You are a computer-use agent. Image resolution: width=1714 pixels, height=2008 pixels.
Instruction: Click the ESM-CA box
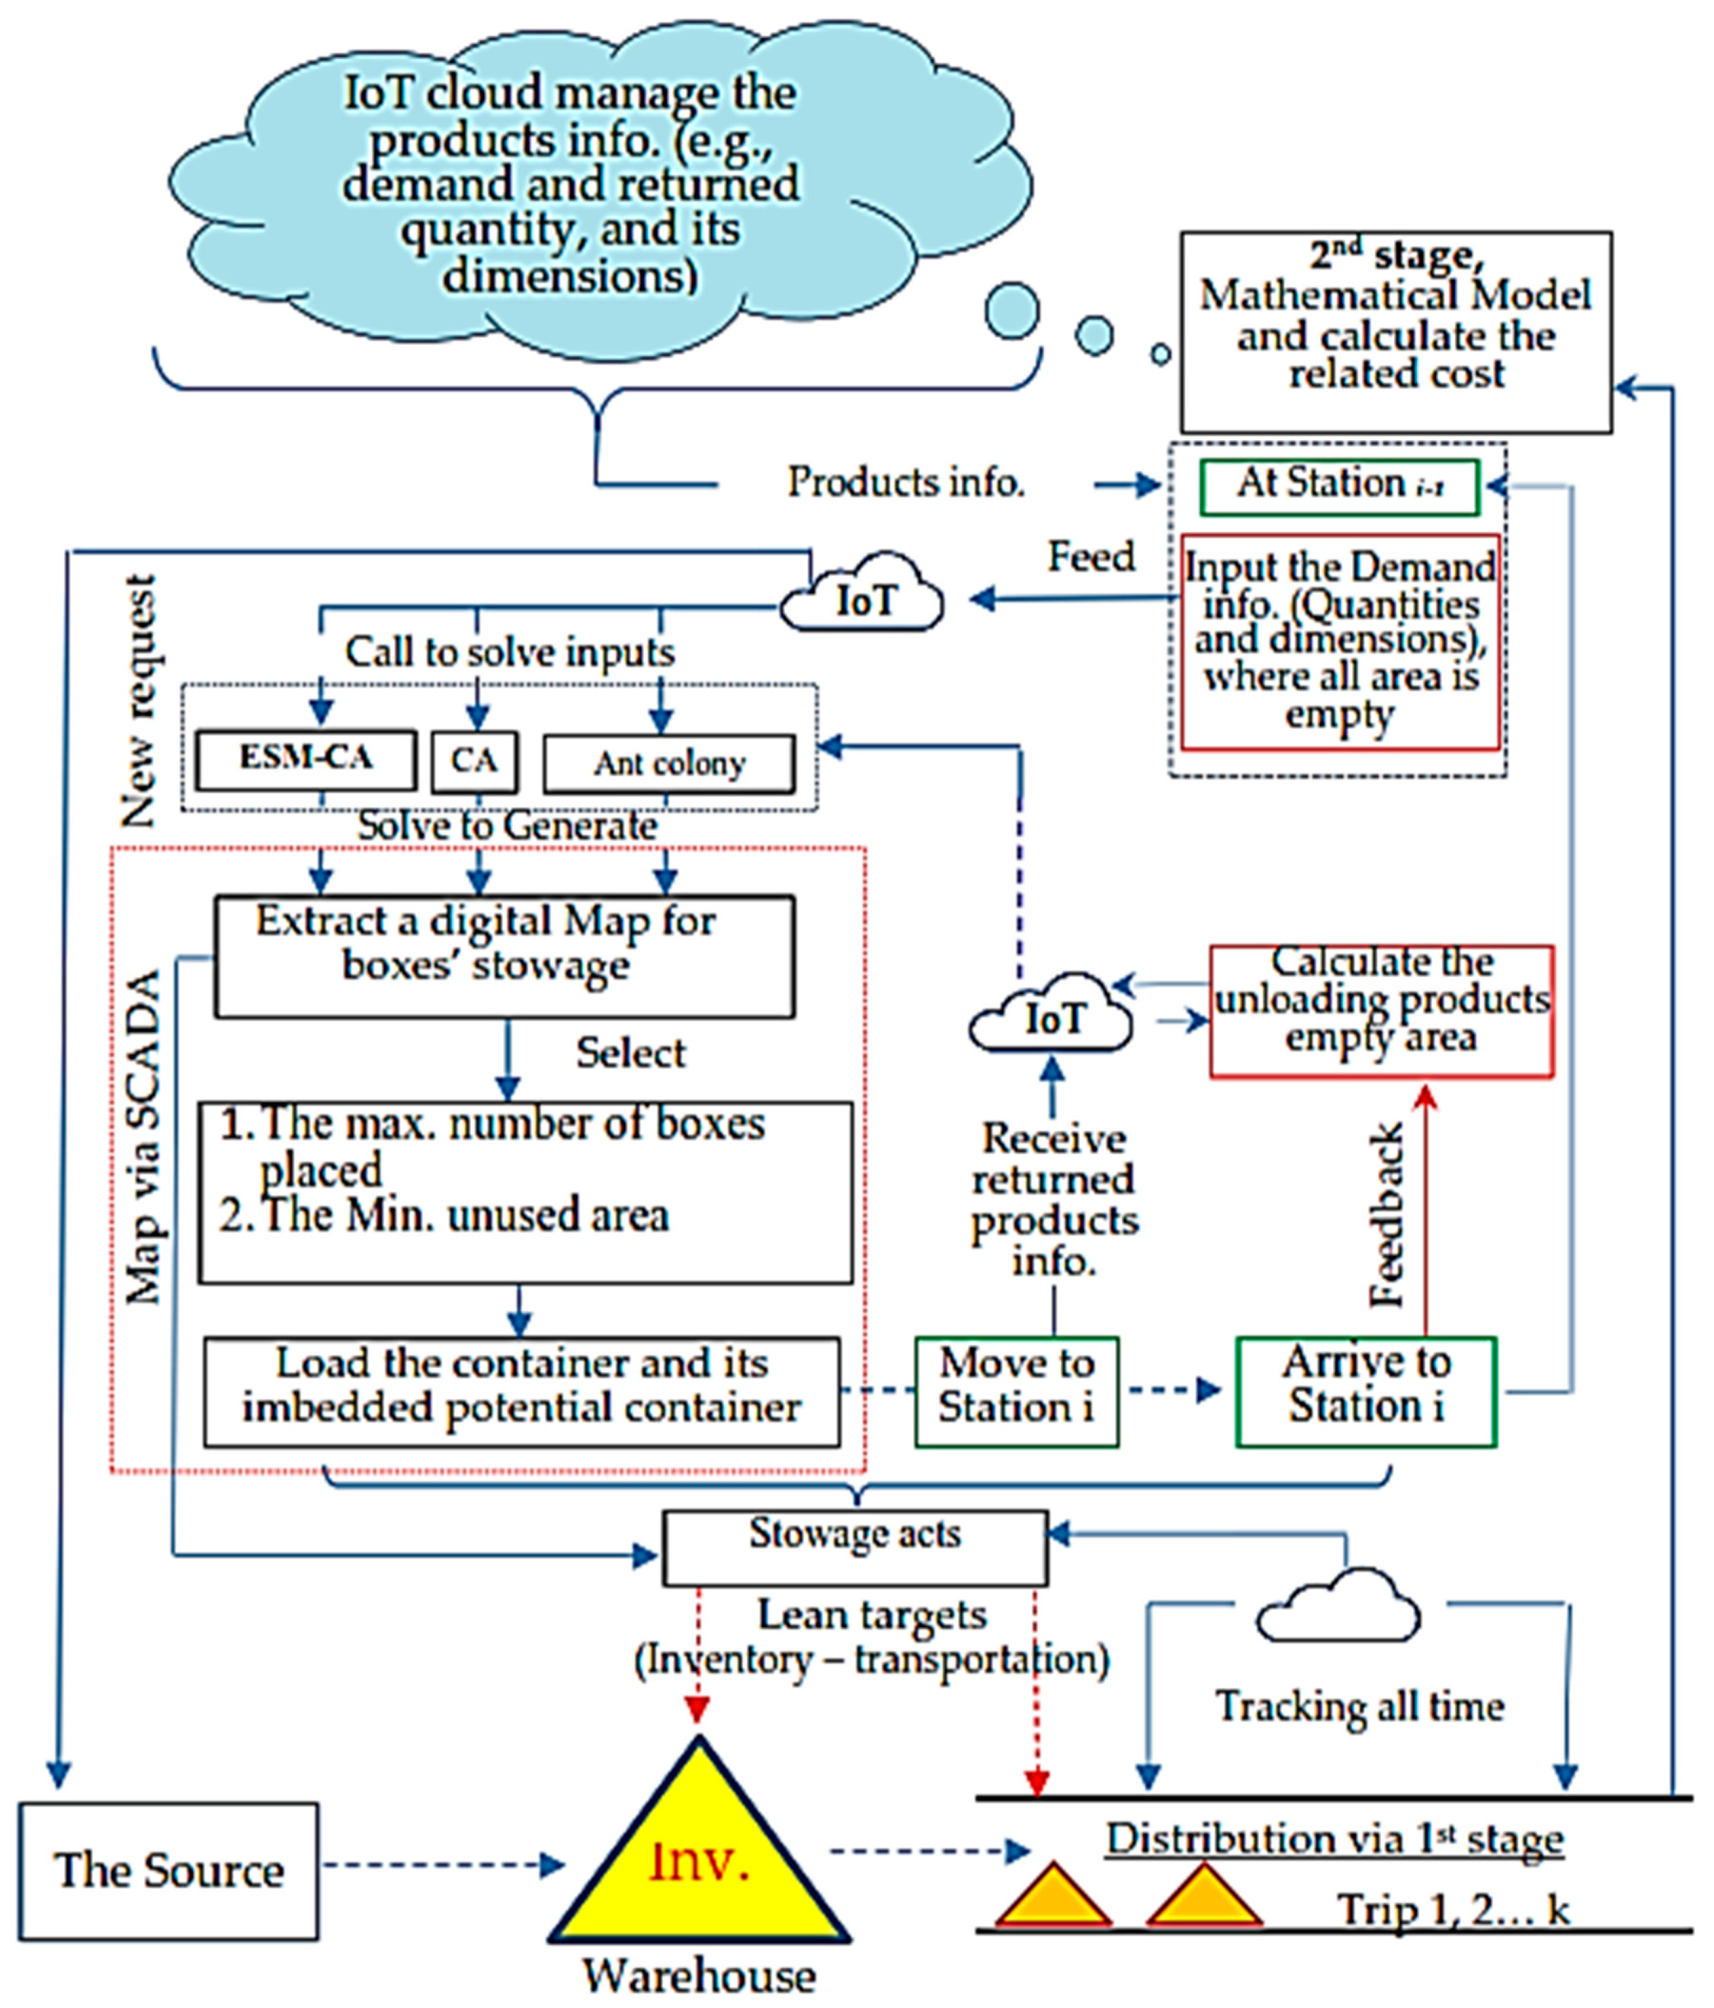pos(306,760)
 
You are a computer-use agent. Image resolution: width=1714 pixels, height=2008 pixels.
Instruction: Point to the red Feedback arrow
pos(1425,1211)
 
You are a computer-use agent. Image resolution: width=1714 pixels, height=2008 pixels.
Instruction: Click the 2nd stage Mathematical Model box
pos(1395,331)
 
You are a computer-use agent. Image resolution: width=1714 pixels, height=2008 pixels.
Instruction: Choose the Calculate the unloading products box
pos(1381,1011)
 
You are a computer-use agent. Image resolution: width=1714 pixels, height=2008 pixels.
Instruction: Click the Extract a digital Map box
pos(504,955)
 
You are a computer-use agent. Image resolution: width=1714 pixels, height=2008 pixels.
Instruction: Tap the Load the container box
pos(521,1392)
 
